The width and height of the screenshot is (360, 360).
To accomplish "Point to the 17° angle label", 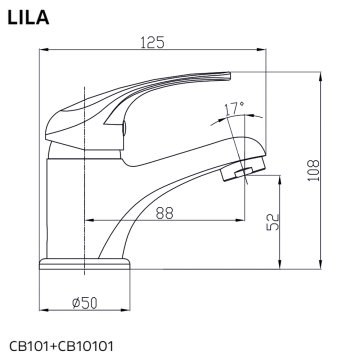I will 233,106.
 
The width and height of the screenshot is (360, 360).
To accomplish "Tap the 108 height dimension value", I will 313,168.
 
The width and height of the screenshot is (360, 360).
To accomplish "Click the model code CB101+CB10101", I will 62,346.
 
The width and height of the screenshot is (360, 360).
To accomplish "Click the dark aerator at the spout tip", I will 236,177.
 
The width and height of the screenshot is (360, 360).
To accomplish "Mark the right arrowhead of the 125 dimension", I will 267,52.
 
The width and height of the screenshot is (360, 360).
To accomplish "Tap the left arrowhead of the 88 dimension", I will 89,220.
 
